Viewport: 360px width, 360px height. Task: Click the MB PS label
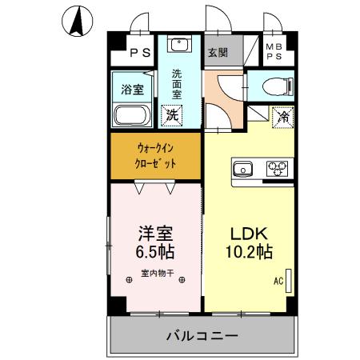(274, 52)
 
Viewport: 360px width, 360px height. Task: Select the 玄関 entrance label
(217, 53)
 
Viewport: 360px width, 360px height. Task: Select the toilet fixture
(274, 86)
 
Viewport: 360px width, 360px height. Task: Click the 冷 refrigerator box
(283, 117)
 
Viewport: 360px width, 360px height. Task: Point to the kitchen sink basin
(242, 168)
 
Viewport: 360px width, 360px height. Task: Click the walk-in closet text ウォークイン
(155, 148)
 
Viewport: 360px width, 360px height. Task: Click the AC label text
(278, 281)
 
